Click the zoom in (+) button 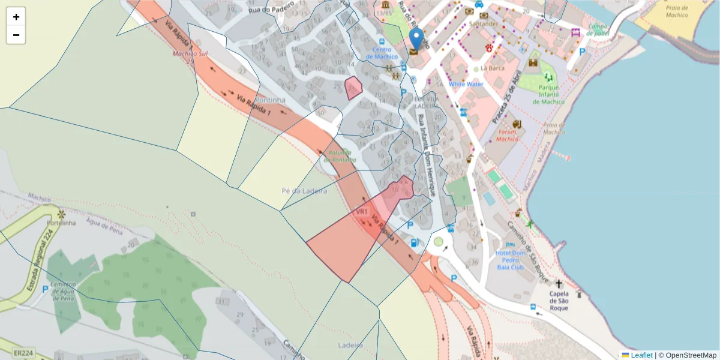click(16, 17)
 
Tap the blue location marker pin click(415, 40)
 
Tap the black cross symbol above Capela click(559, 284)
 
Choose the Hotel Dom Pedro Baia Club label click(510, 260)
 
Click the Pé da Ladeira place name click(304, 191)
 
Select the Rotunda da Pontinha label click(340, 156)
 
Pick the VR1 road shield click(361, 212)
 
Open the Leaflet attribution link click(641, 355)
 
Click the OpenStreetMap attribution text click(690, 355)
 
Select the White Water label click(466, 84)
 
